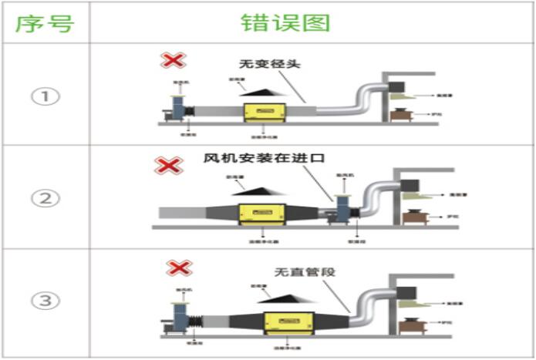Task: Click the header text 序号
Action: pyautogui.click(x=44, y=22)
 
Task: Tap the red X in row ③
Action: pyautogui.click(x=180, y=268)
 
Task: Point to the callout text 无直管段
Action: pyautogui.click(x=305, y=271)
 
